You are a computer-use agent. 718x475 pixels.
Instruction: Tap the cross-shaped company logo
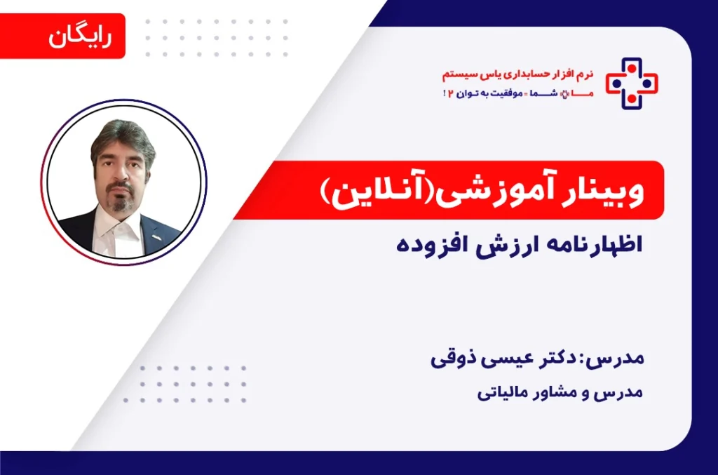pyautogui.click(x=632, y=83)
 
